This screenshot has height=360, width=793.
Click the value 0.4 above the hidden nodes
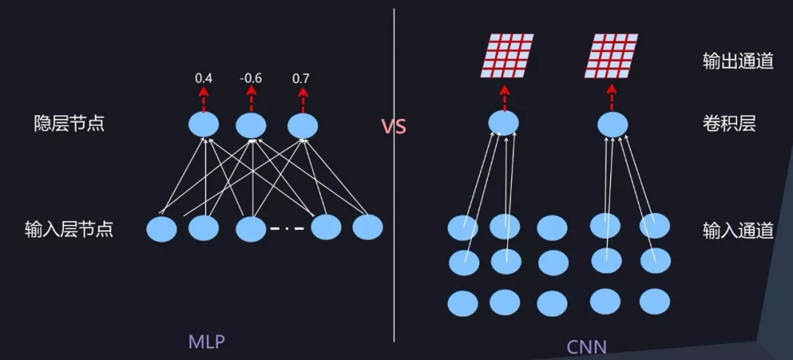pyautogui.click(x=203, y=77)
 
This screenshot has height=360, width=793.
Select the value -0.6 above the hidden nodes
pyautogui.click(x=251, y=77)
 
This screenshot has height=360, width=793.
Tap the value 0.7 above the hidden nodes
pyautogui.click(x=301, y=77)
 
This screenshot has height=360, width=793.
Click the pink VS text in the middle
pyautogui.click(x=394, y=126)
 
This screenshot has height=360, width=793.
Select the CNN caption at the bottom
pyautogui.click(x=587, y=345)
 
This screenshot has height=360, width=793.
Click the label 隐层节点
pyautogui.click(x=70, y=123)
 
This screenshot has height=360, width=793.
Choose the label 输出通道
pyautogui.click(x=737, y=61)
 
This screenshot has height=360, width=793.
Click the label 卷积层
pyautogui.click(x=728, y=123)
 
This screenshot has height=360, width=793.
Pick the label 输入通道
pyautogui.click(x=737, y=230)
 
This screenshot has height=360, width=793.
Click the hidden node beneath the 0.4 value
pyautogui.click(x=203, y=126)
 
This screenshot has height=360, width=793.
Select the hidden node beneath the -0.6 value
pyautogui.click(x=251, y=126)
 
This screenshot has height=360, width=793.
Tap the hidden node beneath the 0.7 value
pyautogui.click(x=302, y=126)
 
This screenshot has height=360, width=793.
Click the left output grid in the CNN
pyautogui.click(x=507, y=56)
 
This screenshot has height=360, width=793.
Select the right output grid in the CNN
pyautogui.click(x=611, y=56)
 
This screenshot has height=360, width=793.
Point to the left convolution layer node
pyautogui.click(x=504, y=123)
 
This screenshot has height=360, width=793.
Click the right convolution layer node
pyautogui.click(x=612, y=123)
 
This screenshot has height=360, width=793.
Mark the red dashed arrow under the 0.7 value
pyautogui.click(x=301, y=98)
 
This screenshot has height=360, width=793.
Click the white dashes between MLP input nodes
pyautogui.click(x=287, y=228)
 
